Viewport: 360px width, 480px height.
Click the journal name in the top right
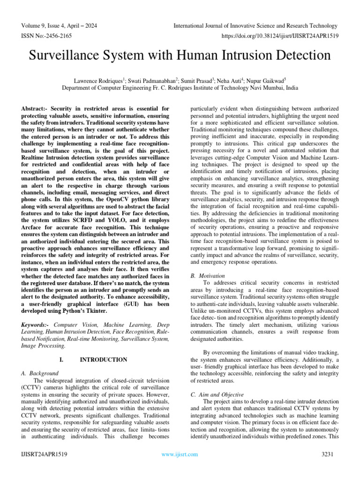(255, 25)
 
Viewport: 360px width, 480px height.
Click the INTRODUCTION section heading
(104, 360)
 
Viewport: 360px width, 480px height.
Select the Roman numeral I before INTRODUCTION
(61, 360)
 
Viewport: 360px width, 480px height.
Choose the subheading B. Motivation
(207, 276)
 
